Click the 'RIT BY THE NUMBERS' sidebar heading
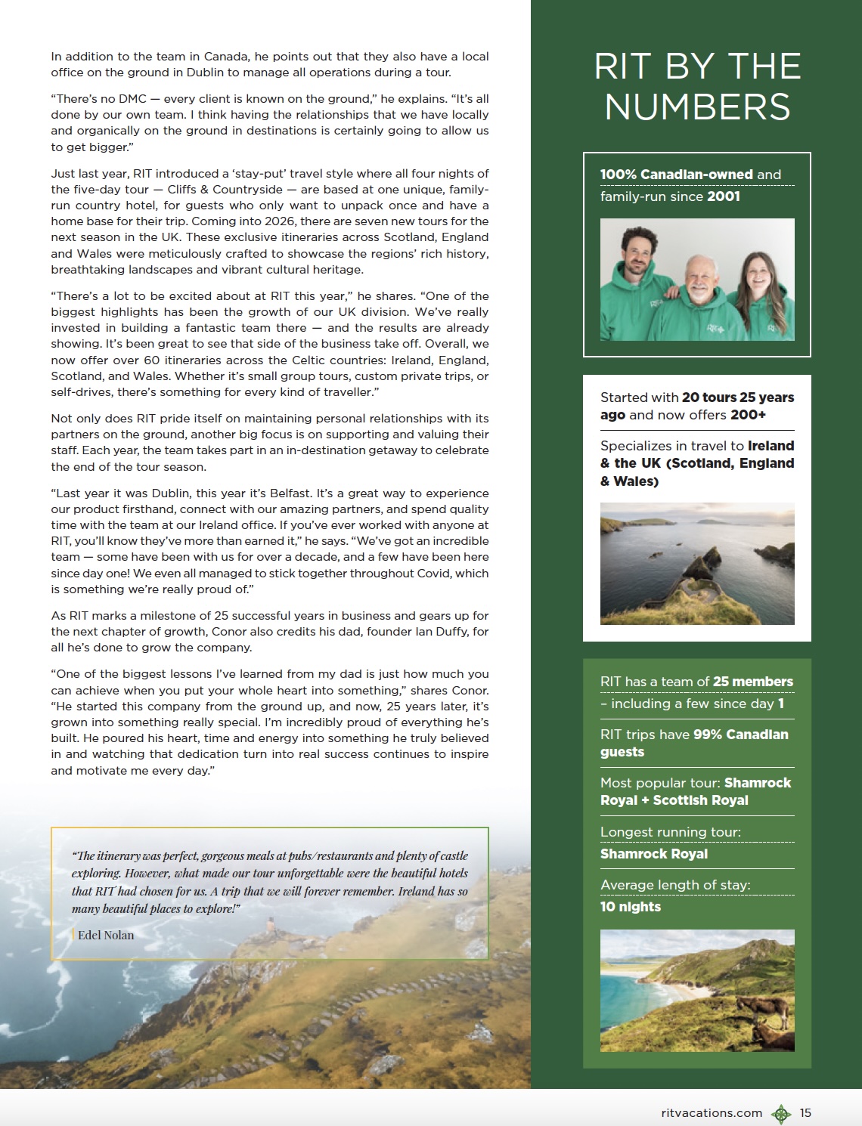click(x=696, y=86)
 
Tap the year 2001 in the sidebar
click(x=724, y=196)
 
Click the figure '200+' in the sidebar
click(x=748, y=415)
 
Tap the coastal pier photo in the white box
click(x=696, y=563)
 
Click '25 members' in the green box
click(x=752, y=682)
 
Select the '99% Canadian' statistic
click(x=740, y=735)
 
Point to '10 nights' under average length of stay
click(x=631, y=907)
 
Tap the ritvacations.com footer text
click(x=711, y=1112)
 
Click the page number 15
click(x=805, y=1112)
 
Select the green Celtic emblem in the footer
click(x=780, y=1113)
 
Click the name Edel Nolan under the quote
click(x=106, y=935)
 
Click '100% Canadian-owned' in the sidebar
click(x=676, y=175)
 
